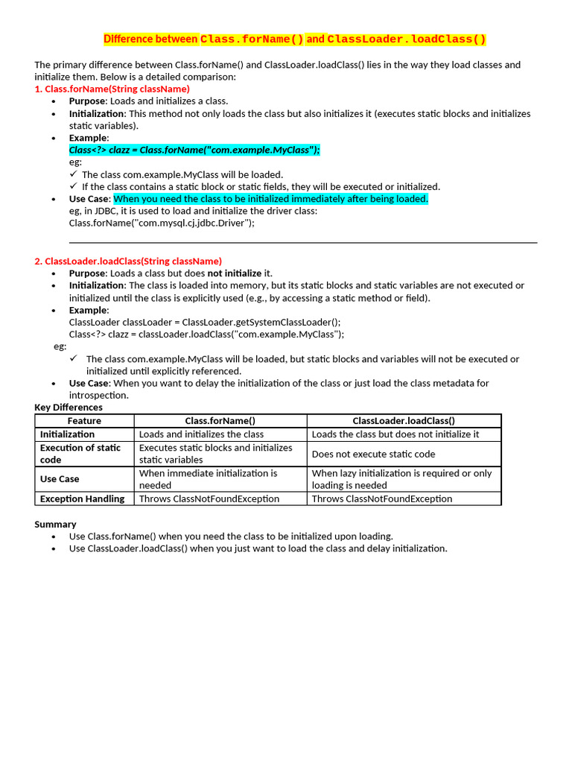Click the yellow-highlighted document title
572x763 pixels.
point(294,39)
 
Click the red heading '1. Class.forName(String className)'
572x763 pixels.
point(112,89)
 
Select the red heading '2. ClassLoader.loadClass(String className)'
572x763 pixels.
point(128,261)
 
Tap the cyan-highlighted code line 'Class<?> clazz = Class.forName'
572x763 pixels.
point(194,150)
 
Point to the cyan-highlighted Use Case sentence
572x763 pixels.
point(270,199)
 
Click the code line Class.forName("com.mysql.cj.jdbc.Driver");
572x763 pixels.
point(162,223)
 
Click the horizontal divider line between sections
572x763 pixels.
point(302,242)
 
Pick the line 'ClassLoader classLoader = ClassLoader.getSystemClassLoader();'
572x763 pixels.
point(205,322)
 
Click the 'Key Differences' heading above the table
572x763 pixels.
point(69,408)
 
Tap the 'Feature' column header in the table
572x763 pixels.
point(84,421)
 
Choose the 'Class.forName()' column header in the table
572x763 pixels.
point(220,421)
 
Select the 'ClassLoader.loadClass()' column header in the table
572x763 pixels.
point(404,421)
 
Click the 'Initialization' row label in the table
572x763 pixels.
point(67,434)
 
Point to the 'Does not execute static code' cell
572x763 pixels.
point(373,454)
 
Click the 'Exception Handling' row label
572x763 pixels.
point(82,499)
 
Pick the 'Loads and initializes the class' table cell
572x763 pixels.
point(201,434)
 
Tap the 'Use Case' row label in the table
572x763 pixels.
point(60,479)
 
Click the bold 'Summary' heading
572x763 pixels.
point(55,525)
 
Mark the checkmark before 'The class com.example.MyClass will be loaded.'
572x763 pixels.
point(74,174)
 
